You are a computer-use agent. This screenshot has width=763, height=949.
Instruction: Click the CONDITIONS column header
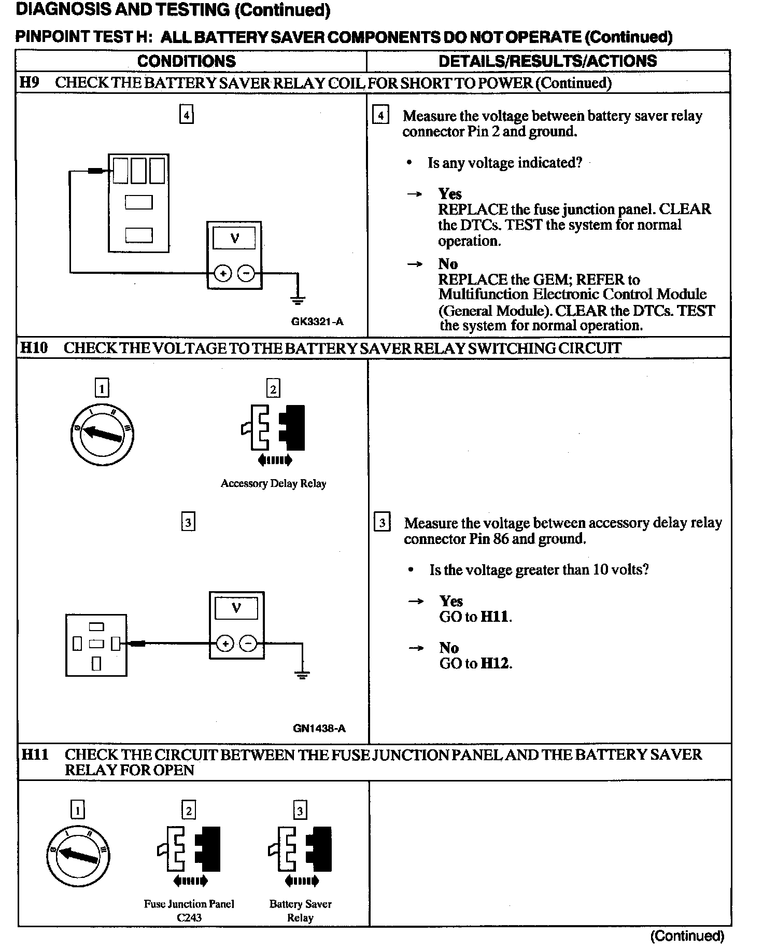pos(187,61)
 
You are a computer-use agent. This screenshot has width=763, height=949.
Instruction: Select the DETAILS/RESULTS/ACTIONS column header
pos(547,61)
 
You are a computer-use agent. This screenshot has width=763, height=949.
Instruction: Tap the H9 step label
pos(30,82)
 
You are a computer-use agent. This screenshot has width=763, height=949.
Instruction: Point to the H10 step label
pos(34,347)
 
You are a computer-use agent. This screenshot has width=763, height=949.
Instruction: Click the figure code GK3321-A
pos(317,322)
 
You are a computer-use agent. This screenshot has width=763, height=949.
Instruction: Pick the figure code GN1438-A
pos(319,728)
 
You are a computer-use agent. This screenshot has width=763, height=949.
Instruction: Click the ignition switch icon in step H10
pos(102,434)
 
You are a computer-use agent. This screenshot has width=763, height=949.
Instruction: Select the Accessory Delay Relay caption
pos(273,483)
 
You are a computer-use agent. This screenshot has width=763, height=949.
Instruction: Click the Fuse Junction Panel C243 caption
pos(189,910)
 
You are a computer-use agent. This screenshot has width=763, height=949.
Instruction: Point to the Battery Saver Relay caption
pos(300,910)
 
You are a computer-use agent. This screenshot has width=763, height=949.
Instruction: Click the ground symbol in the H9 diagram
pos(298,299)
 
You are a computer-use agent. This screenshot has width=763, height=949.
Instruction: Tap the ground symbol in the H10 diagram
pos(302,674)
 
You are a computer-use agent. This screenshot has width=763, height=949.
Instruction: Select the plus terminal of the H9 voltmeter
pos(223,273)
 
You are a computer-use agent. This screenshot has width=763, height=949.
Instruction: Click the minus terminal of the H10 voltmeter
pos(249,644)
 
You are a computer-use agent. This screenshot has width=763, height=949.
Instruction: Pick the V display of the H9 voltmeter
pos(235,239)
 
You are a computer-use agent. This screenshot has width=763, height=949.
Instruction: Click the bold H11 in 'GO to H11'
pos(495,617)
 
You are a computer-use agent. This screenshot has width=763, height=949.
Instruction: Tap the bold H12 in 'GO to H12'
pos(496,663)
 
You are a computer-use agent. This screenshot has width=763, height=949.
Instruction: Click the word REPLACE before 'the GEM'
pos(472,280)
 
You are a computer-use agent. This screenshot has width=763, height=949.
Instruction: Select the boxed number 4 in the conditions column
pos(186,115)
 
